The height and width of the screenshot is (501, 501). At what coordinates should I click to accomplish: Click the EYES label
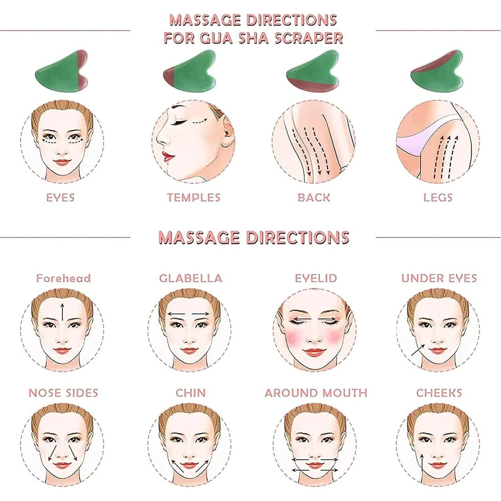(x=60, y=198)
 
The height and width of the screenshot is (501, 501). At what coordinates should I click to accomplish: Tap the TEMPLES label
(x=193, y=198)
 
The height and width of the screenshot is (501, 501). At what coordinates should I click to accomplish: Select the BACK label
(x=313, y=198)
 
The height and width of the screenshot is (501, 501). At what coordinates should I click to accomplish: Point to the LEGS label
(x=438, y=198)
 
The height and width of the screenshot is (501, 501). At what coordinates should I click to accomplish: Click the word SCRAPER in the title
(x=309, y=38)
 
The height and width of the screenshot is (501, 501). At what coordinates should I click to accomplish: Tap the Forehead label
(x=63, y=278)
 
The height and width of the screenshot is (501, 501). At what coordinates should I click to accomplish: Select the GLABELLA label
(x=191, y=278)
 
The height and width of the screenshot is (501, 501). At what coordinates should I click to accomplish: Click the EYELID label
(x=316, y=278)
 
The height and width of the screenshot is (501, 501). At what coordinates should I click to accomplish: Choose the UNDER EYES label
(x=439, y=278)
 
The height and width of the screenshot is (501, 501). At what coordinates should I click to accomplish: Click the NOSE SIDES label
(x=63, y=393)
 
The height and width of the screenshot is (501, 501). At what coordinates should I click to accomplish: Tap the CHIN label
(x=191, y=393)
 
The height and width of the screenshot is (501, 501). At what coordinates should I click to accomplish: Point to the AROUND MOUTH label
(x=316, y=393)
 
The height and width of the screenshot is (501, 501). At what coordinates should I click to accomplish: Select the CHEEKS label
(x=439, y=393)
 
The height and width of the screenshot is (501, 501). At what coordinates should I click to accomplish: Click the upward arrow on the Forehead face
(x=62, y=311)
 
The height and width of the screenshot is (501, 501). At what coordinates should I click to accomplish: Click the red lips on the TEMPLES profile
(x=168, y=156)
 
